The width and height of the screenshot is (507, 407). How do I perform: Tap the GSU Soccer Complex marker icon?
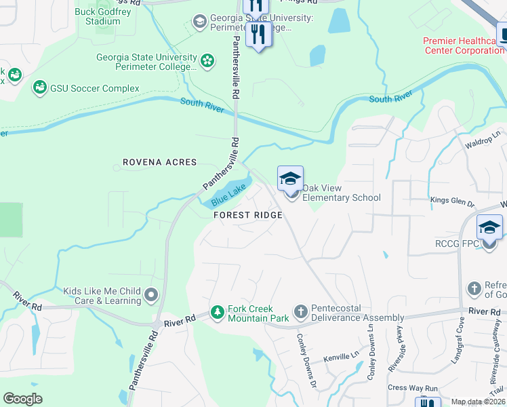pos(40,88)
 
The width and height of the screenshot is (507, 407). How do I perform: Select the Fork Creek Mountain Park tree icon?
pos(217,313)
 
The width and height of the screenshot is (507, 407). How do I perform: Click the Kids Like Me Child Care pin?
pos(151,296)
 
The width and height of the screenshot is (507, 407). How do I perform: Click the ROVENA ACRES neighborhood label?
pos(159,162)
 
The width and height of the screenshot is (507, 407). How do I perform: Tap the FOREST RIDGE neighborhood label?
pos(247,214)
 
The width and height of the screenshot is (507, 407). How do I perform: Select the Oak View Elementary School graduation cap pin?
pos(290,180)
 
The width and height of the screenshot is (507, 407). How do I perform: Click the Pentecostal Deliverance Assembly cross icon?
pos(300,313)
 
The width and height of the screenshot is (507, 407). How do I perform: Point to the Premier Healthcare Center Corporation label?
pos(464,46)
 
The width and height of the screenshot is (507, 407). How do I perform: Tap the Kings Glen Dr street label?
pos(453,201)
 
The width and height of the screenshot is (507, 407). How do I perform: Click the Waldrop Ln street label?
pos(482,144)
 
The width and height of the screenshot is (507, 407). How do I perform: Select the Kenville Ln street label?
pos(341,356)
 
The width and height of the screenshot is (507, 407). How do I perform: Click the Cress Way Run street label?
pos(413,388)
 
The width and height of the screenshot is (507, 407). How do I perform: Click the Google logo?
pos(23,399)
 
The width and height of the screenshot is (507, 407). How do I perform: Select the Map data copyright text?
pos(478,402)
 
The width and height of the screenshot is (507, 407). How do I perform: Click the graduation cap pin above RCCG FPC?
pos(490,227)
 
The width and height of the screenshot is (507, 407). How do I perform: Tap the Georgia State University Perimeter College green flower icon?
pos(208,62)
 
